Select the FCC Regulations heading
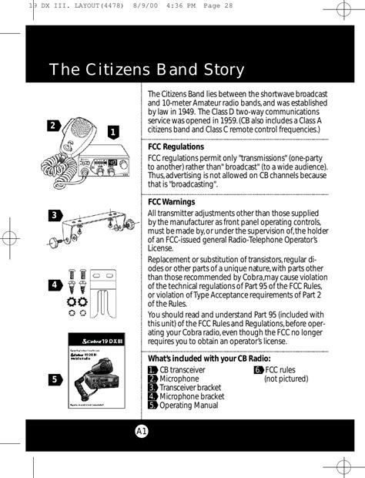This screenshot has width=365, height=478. point(176,146)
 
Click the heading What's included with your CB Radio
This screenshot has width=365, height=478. point(209,358)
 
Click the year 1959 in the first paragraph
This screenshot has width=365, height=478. point(239,120)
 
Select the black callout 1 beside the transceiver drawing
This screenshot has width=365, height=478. point(112,133)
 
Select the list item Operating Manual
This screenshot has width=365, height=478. point(188,406)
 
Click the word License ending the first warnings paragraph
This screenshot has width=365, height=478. point(161,249)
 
